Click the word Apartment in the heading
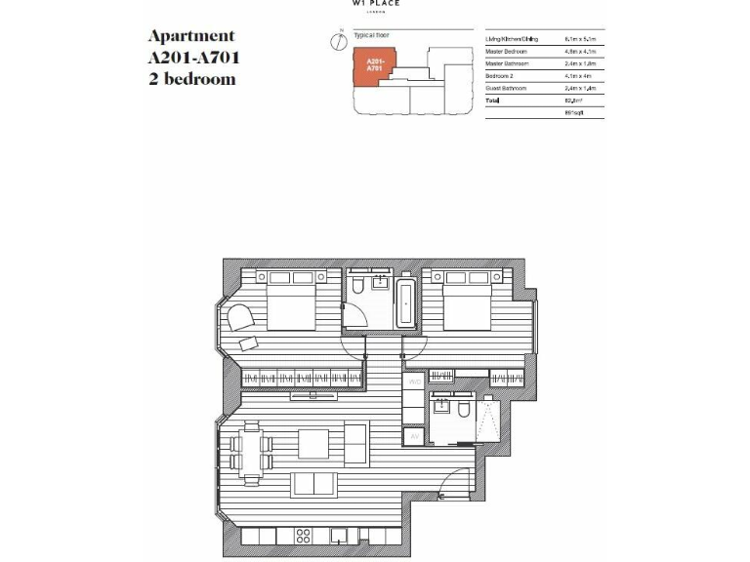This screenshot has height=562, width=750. coord(191,36)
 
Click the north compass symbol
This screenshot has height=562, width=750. coord(337,41)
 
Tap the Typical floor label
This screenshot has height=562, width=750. coord(372,34)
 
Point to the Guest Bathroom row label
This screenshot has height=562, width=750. coord(507,89)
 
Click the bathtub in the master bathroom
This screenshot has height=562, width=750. coord(406,302)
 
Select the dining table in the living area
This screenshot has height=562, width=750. coord(251,452)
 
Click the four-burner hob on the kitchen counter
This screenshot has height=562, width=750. coord(302,536)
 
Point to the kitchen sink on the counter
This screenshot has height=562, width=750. coord(340,536)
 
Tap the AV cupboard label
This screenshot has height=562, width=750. coord(414,438)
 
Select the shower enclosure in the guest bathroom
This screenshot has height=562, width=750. coord(485,420)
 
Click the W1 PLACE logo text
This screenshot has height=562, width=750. coord(375,4)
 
